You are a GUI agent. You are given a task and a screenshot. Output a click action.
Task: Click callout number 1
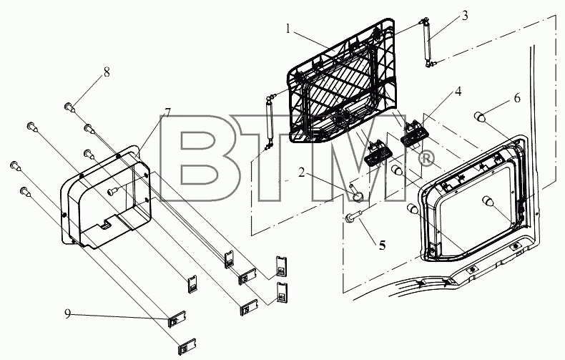click(x=288, y=29)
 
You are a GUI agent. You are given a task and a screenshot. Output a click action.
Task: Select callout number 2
click(x=301, y=172)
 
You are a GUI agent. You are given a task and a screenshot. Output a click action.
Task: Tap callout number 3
click(x=465, y=16)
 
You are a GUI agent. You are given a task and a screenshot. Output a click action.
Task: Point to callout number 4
click(x=458, y=92)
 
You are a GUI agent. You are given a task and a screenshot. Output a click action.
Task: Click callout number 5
click(x=382, y=245)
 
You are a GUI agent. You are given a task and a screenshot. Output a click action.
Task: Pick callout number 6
click(x=517, y=98)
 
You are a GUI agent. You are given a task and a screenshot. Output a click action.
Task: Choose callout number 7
click(x=167, y=113)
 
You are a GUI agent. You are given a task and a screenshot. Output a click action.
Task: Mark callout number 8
click(x=107, y=72)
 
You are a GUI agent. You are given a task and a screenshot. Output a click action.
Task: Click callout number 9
click(x=68, y=313)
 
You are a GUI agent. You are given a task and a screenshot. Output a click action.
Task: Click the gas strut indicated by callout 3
click(x=428, y=42)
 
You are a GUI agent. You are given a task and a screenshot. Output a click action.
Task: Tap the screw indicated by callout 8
click(x=69, y=107)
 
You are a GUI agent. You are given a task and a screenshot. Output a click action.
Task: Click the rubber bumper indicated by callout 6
click(x=480, y=117)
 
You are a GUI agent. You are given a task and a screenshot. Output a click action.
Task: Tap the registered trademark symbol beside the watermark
click(x=426, y=159)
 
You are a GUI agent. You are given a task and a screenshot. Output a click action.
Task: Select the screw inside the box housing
click(x=113, y=190)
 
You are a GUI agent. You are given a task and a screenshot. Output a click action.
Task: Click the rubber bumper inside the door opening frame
click(x=488, y=201)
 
